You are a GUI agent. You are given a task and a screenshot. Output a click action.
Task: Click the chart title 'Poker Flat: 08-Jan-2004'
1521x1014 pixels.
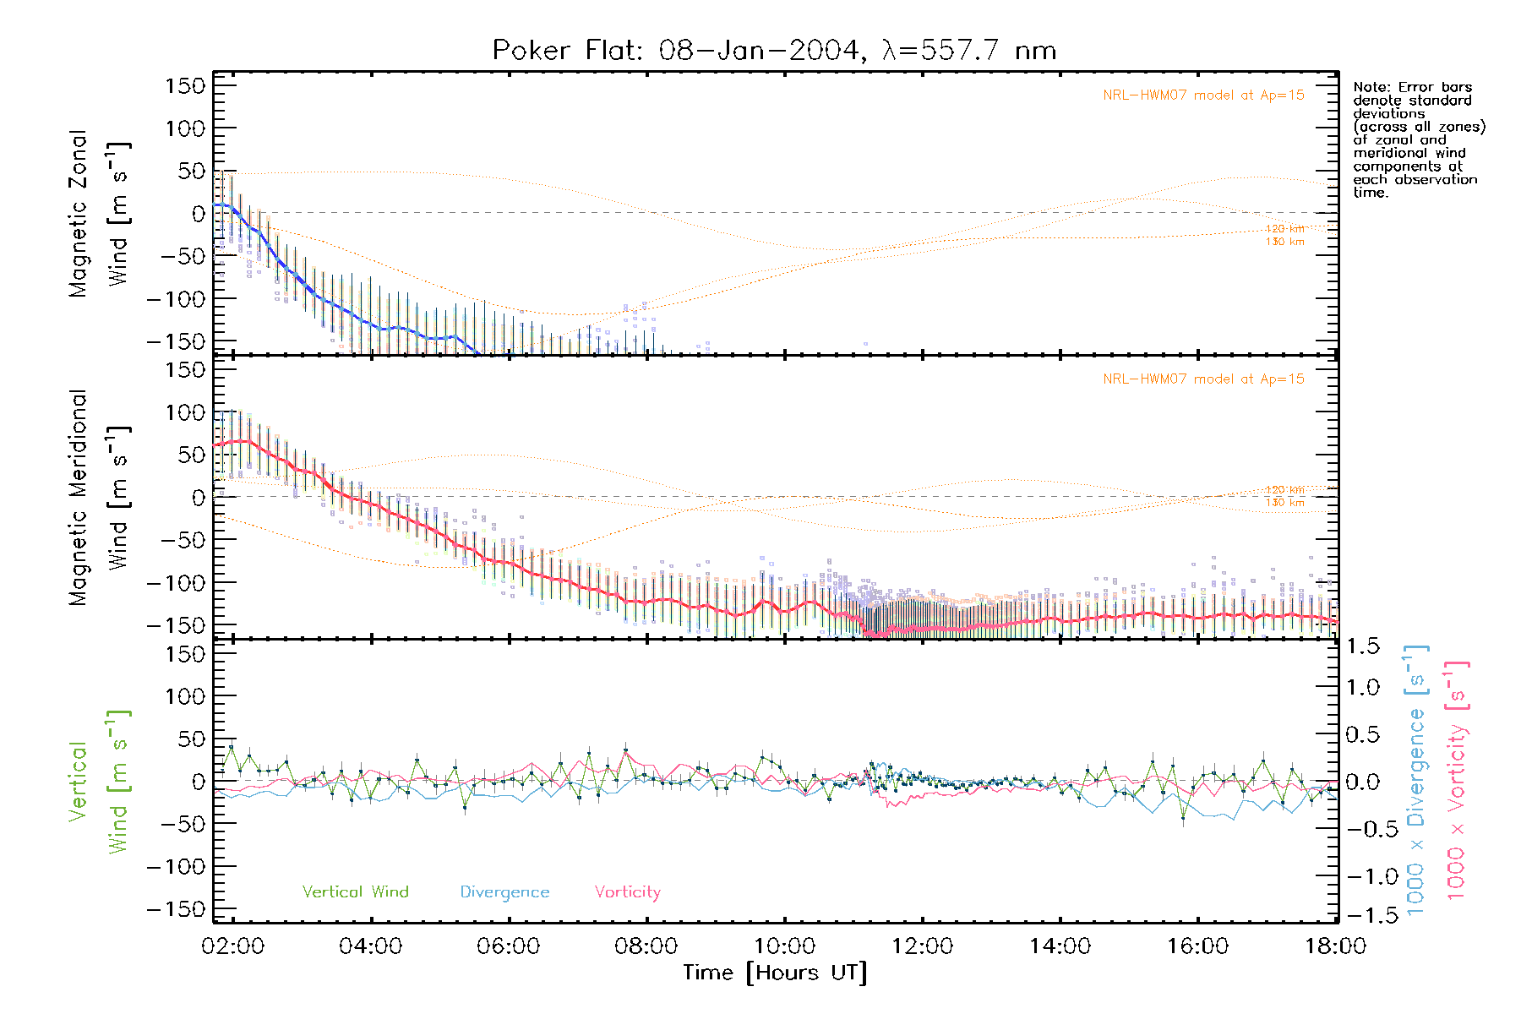(x=676, y=51)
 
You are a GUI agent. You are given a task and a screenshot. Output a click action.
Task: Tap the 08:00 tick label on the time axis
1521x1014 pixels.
(x=646, y=946)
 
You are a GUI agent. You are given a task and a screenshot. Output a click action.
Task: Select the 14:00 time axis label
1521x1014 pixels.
(x=1060, y=946)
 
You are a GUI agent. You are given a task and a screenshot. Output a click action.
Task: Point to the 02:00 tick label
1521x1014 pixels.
(x=232, y=946)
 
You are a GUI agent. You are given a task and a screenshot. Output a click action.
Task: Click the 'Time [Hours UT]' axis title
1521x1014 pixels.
(x=775, y=973)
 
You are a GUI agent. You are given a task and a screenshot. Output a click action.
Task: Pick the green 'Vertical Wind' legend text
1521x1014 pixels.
(x=355, y=892)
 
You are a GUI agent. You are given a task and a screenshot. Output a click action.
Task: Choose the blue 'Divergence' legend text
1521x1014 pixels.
(x=504, y=892)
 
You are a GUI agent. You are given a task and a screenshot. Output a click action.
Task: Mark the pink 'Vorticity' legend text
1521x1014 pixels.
(x=627, y=892)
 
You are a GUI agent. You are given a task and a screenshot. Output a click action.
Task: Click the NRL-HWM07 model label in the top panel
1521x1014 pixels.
(x=1203, y=95)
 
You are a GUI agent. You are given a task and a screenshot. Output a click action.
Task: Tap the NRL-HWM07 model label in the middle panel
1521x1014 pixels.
(x=1203, y=379)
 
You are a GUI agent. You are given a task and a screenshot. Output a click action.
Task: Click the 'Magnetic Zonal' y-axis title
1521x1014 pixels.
(x=78, y=214)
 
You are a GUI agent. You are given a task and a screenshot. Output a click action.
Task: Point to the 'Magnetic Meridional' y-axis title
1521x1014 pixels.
(x=78, y=498)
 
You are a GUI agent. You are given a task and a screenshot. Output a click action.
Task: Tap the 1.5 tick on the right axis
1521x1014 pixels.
(x=1362, y=646)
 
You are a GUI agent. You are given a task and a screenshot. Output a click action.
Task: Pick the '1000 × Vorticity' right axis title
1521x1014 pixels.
(x=1456, y=780)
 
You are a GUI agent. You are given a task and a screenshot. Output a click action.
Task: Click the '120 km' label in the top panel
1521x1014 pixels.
(x=1284, y=229)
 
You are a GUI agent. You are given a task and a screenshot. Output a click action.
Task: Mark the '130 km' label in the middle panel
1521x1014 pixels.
(x=1284, y=503)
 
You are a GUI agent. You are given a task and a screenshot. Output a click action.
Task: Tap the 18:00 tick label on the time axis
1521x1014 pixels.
(x=1335, y=946)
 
